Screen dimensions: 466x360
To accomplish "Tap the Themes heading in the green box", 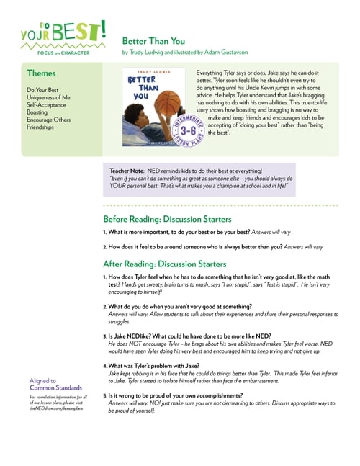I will pyautogui.click(x=41, y=73).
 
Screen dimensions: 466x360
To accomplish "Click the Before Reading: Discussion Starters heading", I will pyautogui.click(x=167, y=219).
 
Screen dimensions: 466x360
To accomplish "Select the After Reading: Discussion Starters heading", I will pyautogui.click(x=164, y=264).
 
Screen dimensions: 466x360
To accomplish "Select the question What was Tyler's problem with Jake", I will pyautogui.click(x=150, y=366).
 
